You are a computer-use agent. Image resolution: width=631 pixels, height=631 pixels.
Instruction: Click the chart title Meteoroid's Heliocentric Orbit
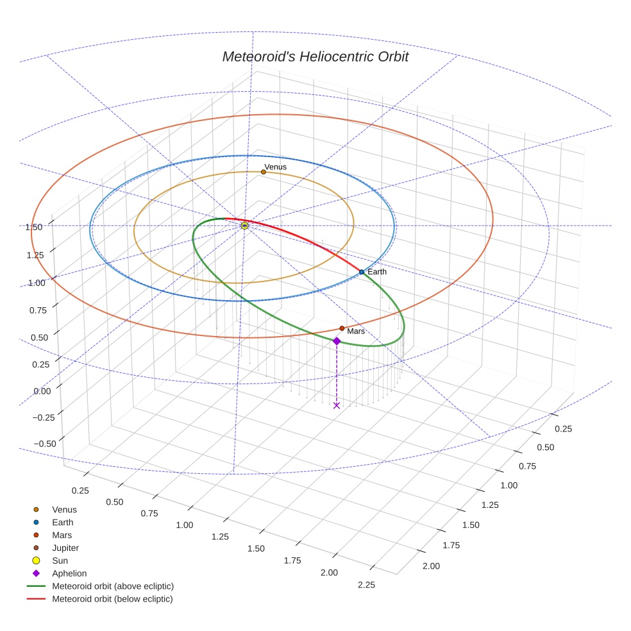point(315,56)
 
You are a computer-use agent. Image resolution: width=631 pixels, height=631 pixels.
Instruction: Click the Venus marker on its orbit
point(264,172)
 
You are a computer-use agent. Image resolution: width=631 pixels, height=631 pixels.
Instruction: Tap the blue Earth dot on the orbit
point(362,272)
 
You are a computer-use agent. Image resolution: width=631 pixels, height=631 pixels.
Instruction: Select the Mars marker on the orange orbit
point(342,328)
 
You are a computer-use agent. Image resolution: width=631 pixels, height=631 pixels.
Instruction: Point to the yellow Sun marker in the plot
point(244,226)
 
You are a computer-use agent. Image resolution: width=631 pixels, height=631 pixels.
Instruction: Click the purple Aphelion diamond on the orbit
point(337,341)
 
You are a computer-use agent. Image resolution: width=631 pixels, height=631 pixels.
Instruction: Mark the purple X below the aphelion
point(337,405)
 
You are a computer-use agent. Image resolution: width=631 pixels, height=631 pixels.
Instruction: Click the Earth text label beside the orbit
point(377,272)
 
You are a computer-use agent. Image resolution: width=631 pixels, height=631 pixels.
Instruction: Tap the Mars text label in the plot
point(356,332)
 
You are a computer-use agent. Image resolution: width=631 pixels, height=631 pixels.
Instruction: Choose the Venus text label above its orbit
point(276,167)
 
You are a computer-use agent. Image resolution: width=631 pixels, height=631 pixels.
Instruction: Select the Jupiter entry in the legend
point(65,548)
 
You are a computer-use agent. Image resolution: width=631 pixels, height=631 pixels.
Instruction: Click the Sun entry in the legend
point(60,560)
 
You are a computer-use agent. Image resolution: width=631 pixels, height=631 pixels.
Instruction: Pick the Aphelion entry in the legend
point(69,573)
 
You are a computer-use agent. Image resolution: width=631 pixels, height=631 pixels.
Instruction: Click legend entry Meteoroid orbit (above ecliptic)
point(113,586)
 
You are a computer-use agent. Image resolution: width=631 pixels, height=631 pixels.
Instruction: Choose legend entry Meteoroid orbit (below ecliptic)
point(112,599)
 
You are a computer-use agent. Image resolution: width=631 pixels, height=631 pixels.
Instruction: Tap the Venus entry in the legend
point(64,509)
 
